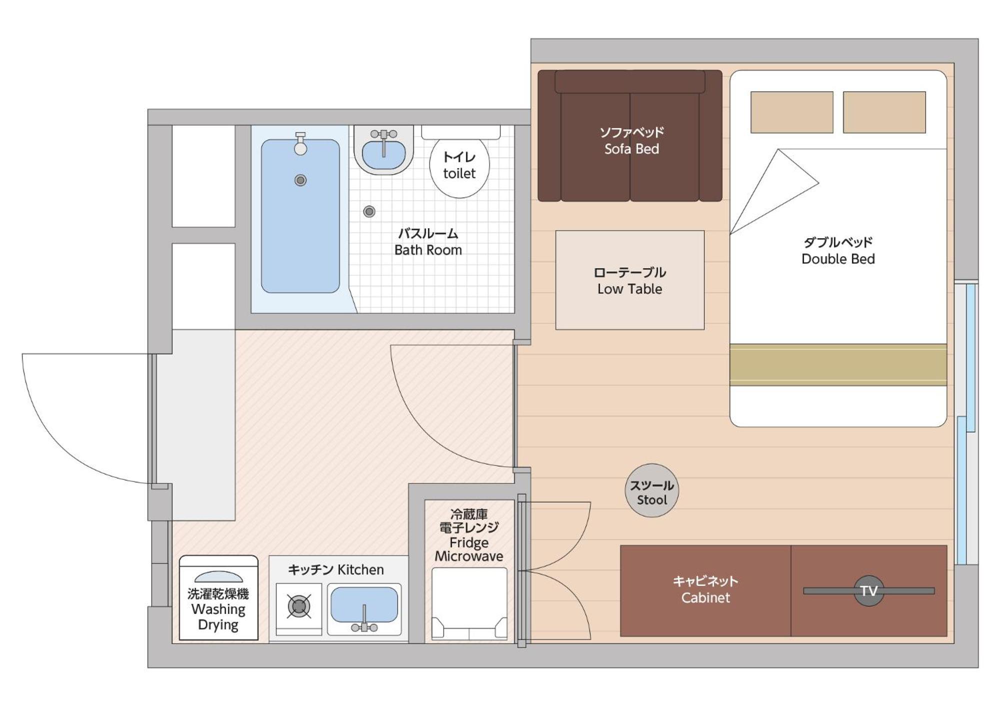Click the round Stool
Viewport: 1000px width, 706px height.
pyautogui.click(x=651, y=490)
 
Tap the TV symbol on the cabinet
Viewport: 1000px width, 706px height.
pyautogui.click(x=869, y=591)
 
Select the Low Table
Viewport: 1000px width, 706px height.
pyautogui.click(x=630, y=280)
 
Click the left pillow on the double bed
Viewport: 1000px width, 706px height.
pyautogui.click(x=792, y=112)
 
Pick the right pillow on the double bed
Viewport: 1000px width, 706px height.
pyautogui.click(x=884, y=112)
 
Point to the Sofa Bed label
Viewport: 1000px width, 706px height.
pyautogui.click(x=631, y=141)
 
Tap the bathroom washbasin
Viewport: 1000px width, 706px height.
pyautogui.click(x=383, y=150)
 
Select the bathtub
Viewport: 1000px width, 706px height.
pyautogui.click(x=300, y=216)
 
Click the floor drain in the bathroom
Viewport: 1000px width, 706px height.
pyautogui.click(x=369, y=212)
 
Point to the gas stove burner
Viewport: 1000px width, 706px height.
pyautogui.click(x=299, y=606)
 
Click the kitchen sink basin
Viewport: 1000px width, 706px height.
pyautogui.click(x=364, y=605)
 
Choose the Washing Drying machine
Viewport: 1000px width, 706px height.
pyautogui.click(x=218, y=597)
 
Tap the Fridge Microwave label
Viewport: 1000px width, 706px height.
pyautogui.click(x=469, y=535)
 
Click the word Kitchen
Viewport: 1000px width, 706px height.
pyautogui.click(x=360, y=569)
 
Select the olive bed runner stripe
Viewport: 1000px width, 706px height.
pyautogui.click(x=838, y=365)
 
